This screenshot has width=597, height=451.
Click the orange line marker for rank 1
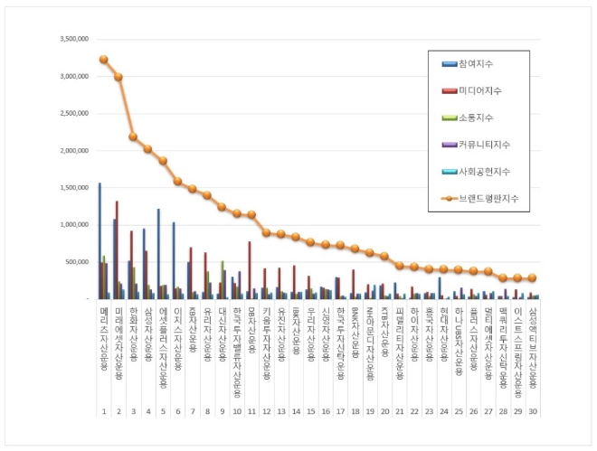[103, 59]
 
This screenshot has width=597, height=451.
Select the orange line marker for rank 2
[118, 77]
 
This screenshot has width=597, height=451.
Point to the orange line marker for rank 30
[533, 277]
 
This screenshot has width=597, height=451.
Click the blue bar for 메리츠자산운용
[99, 240]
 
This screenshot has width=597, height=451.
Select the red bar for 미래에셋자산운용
[117, 249]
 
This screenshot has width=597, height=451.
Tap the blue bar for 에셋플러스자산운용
[158, 254]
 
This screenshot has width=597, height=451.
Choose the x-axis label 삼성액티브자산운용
[533, 349]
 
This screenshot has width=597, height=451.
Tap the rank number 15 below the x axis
[311, 411]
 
